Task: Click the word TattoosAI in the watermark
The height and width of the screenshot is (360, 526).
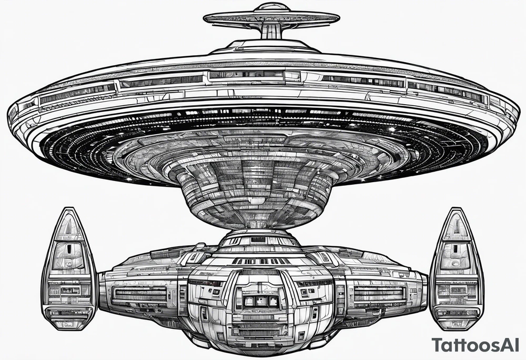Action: [x=478, y=346]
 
